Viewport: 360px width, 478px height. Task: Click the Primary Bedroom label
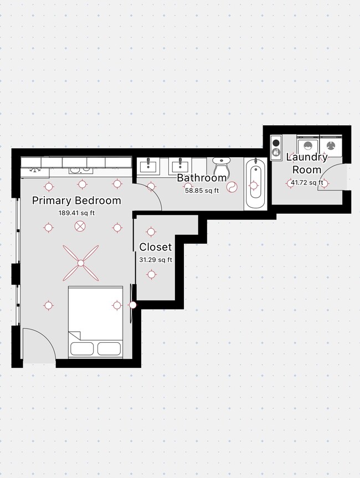pyautogui.click(x=76, y=201)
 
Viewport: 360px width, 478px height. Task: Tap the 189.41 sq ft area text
pyautogui.click(x=76, y=213)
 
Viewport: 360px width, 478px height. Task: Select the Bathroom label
pyautogui.click(x=202, y=178)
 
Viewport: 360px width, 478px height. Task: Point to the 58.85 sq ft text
pyautogui.click(x=202, y=191)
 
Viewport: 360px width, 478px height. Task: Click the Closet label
pyautogui.click(x=156, y=247)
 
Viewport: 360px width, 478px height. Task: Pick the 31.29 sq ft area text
pyautogui.click(x=156, y=260)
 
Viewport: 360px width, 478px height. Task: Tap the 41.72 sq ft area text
pyautogui.click(x=307, y=183)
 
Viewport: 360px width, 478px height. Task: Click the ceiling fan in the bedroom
pyautogui.click(x=81, y=263)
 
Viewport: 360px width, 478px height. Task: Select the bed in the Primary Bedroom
pyautogui.click(x=95, y=322)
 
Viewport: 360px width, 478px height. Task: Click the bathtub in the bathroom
pyautogui.click(x=255, y=183)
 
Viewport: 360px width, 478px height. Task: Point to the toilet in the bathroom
pyautogui.click(x=221, y=167)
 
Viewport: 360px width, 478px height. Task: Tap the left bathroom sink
pyautogui.click(x=148, y=167)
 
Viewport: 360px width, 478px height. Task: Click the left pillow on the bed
pyautogui.click(x=82, y=349)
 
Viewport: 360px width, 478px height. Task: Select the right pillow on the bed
pyautogui.click(x=109, y=349)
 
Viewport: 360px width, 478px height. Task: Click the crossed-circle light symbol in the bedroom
pyautogui.click(x=80, y=226)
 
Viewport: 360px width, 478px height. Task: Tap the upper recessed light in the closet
pyautogui.click(x=151, y=232)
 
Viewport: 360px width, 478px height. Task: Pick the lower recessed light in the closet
pyautogui.click(x=152, y=275)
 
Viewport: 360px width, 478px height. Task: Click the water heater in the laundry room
pyautogui.click(x=276, y=147)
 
